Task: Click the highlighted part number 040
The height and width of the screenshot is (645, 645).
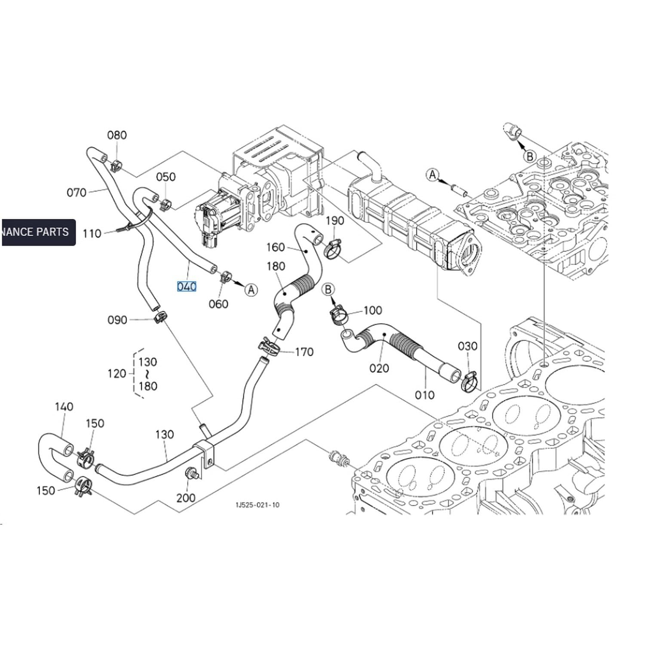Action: click(187, 286)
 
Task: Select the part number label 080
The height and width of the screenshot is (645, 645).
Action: click(117, 135)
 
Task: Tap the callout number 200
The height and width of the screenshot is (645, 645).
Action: click(186, 498)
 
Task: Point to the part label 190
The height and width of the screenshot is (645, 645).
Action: click(335, 221)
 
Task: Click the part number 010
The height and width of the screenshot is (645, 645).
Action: click(424, 395)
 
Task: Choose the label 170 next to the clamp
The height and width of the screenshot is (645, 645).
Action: click(304, 352)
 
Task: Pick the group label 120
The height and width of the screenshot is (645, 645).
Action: click(117, 373)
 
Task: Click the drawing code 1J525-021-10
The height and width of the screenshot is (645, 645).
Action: click(258, 505)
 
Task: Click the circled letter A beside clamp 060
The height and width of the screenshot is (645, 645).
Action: click(251, 290)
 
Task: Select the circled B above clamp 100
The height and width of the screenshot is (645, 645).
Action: click(329, 289)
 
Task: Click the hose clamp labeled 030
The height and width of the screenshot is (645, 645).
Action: click(469, 382)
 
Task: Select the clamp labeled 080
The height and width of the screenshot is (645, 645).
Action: click(116, 165)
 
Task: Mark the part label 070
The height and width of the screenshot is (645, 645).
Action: click(77, 192)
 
